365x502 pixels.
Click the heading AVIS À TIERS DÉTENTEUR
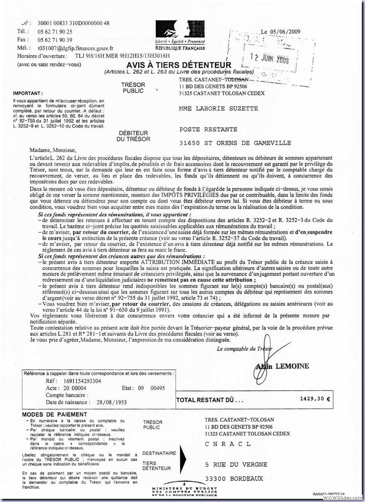(x=179, y=65)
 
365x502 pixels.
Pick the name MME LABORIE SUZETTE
(x=219, y=109)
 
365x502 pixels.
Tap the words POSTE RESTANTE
(x=208, y=130)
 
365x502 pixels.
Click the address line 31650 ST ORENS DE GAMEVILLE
(x=235, y=143)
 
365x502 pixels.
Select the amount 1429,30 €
(x=315, y=398)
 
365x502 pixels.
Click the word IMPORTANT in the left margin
(x=28, y=93)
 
